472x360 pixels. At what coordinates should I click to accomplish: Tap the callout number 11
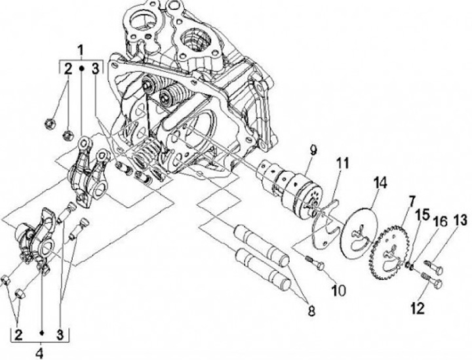[x=343, y=163]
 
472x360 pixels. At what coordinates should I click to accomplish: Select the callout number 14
[x=380, y=183]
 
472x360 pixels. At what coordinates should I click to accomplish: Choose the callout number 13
[x=460, y=220]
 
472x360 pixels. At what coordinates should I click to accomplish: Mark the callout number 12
[x=418, y=308]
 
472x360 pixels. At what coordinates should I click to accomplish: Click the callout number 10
[x=339, y=290]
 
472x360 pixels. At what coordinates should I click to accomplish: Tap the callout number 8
[x=311, y=310]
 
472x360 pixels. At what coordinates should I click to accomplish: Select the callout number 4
[x=40, y=353]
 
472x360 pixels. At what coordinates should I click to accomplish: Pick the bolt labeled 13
[x=435, y=267]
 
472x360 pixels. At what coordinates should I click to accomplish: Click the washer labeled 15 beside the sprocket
[x=408, y=264]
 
